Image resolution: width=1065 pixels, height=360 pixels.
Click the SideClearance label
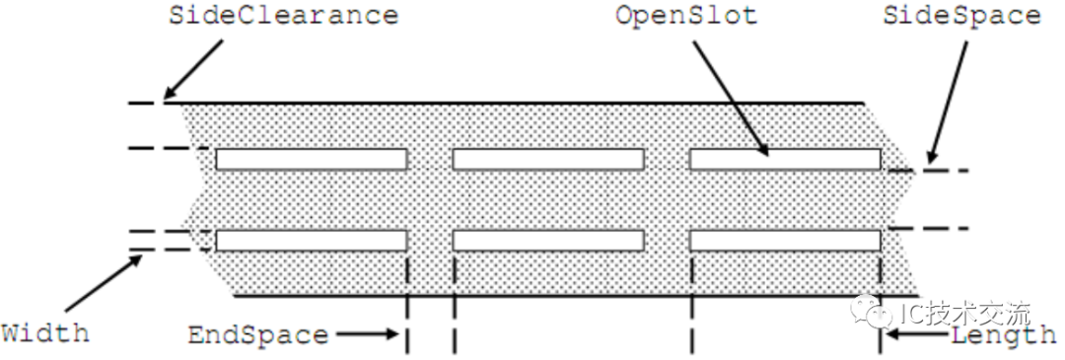284,17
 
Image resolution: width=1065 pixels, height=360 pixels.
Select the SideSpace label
961,17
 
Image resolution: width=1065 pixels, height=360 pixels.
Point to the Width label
44,331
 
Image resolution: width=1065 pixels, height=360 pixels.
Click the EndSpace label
257,335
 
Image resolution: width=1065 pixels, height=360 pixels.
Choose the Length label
1004,335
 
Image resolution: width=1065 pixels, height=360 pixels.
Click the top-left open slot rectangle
311,159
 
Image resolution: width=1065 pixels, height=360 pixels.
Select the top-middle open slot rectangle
547,159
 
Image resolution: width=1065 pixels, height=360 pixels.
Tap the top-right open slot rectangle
784,159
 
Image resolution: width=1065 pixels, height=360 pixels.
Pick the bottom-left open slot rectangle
311,240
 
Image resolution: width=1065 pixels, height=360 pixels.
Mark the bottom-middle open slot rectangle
547,240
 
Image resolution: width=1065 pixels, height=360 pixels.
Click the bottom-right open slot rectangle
784,240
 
